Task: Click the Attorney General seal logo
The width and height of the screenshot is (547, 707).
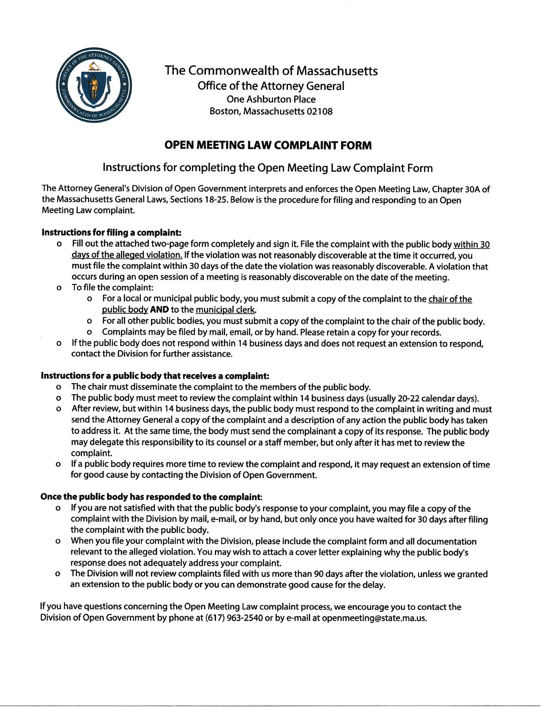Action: [94, 85]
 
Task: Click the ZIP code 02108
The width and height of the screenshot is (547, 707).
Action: [319, 111]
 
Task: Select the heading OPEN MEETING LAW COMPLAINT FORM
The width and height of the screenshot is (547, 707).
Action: [268, 145]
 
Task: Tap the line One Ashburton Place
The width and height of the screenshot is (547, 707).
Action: [271, 99]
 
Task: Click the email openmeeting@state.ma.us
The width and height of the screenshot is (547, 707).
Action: [374, 618]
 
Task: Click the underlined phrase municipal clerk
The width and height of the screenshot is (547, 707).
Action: [226, 310]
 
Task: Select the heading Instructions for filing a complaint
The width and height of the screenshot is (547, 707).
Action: [112, 232]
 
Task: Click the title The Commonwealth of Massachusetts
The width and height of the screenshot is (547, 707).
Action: [271, 71]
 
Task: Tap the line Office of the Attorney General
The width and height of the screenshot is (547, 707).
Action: [271, 86]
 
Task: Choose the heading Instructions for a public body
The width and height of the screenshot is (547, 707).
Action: [155, 376]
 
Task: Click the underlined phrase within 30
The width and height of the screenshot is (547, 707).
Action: [471, 245]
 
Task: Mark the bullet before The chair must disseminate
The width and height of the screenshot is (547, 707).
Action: [59, 387]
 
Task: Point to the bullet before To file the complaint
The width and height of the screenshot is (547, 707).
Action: [59, 288]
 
